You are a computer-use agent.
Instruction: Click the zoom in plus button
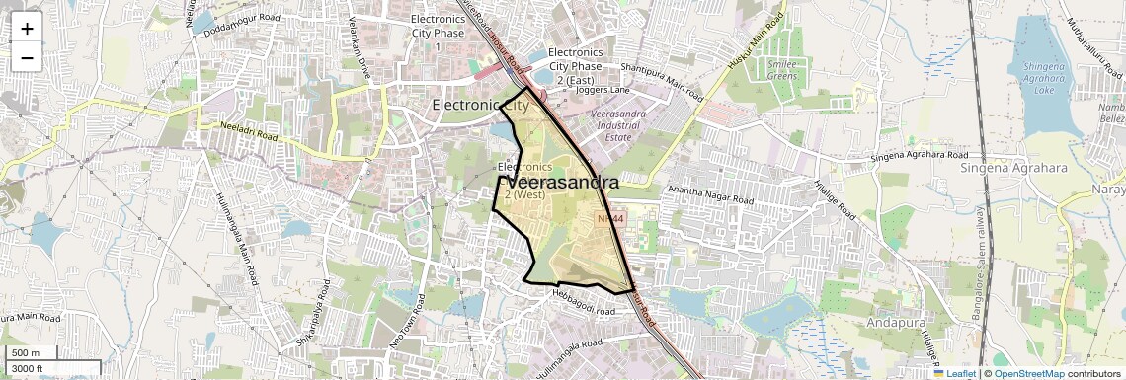(27, 28)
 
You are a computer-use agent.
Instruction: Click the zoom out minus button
(27, 57)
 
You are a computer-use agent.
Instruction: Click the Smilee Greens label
(782, 69)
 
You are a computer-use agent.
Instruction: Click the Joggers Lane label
(603, 90)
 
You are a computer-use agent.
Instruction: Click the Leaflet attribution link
(955, 373)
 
